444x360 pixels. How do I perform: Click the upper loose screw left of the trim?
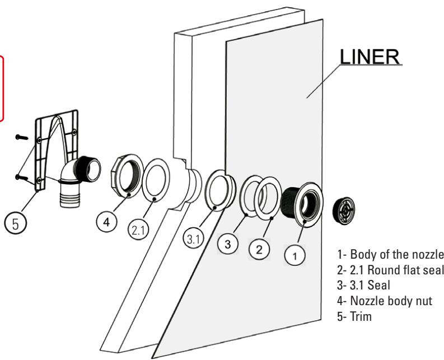(x=22, y=136)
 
